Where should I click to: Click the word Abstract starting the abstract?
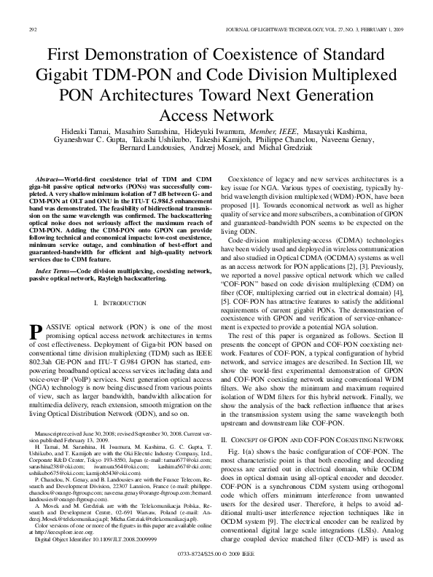point(49,178)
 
